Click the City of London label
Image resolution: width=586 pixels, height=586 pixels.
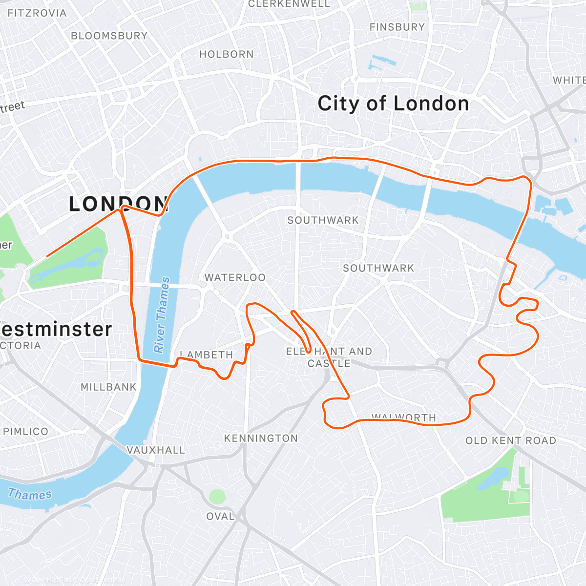[393, 104]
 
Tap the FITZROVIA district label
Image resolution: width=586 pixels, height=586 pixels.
[37, 13]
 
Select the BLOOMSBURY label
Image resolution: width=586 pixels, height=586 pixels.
[109, 36]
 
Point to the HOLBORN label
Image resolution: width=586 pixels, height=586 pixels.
[227, 54]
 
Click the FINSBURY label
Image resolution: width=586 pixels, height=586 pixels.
[397, 27]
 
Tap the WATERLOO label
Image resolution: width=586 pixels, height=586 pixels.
[235, 277]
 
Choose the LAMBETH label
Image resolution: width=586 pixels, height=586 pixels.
[207, 355]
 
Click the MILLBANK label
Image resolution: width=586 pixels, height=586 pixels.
[108, 387]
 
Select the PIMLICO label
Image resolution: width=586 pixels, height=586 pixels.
[26, 431]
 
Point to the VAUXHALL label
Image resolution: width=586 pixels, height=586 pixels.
[156, 450]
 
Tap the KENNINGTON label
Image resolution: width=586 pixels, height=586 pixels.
[261, 438]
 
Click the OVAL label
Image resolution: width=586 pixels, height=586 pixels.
[220, 516]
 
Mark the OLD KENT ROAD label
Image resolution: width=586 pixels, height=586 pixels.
[510, 440]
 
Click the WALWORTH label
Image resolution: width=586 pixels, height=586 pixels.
[403, 417]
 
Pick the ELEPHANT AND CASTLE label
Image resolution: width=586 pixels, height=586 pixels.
[329, 357]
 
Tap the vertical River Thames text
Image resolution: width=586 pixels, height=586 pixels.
[162, 315]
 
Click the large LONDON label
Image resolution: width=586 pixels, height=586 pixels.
[119, 204]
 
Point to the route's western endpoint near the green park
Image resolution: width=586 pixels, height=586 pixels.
[47, 256]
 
